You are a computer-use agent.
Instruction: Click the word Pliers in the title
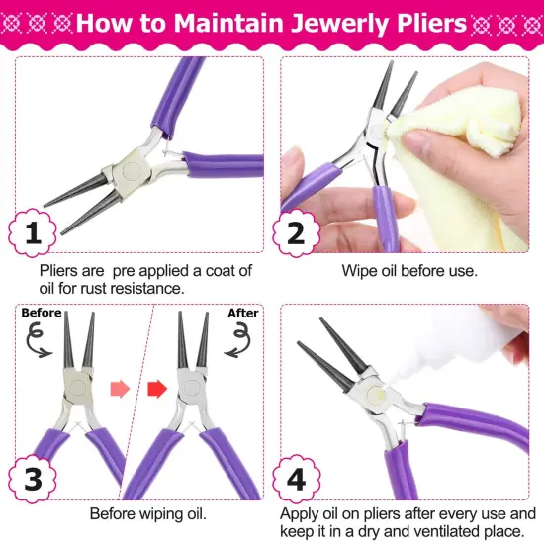420,22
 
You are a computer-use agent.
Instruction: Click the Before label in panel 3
41,313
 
